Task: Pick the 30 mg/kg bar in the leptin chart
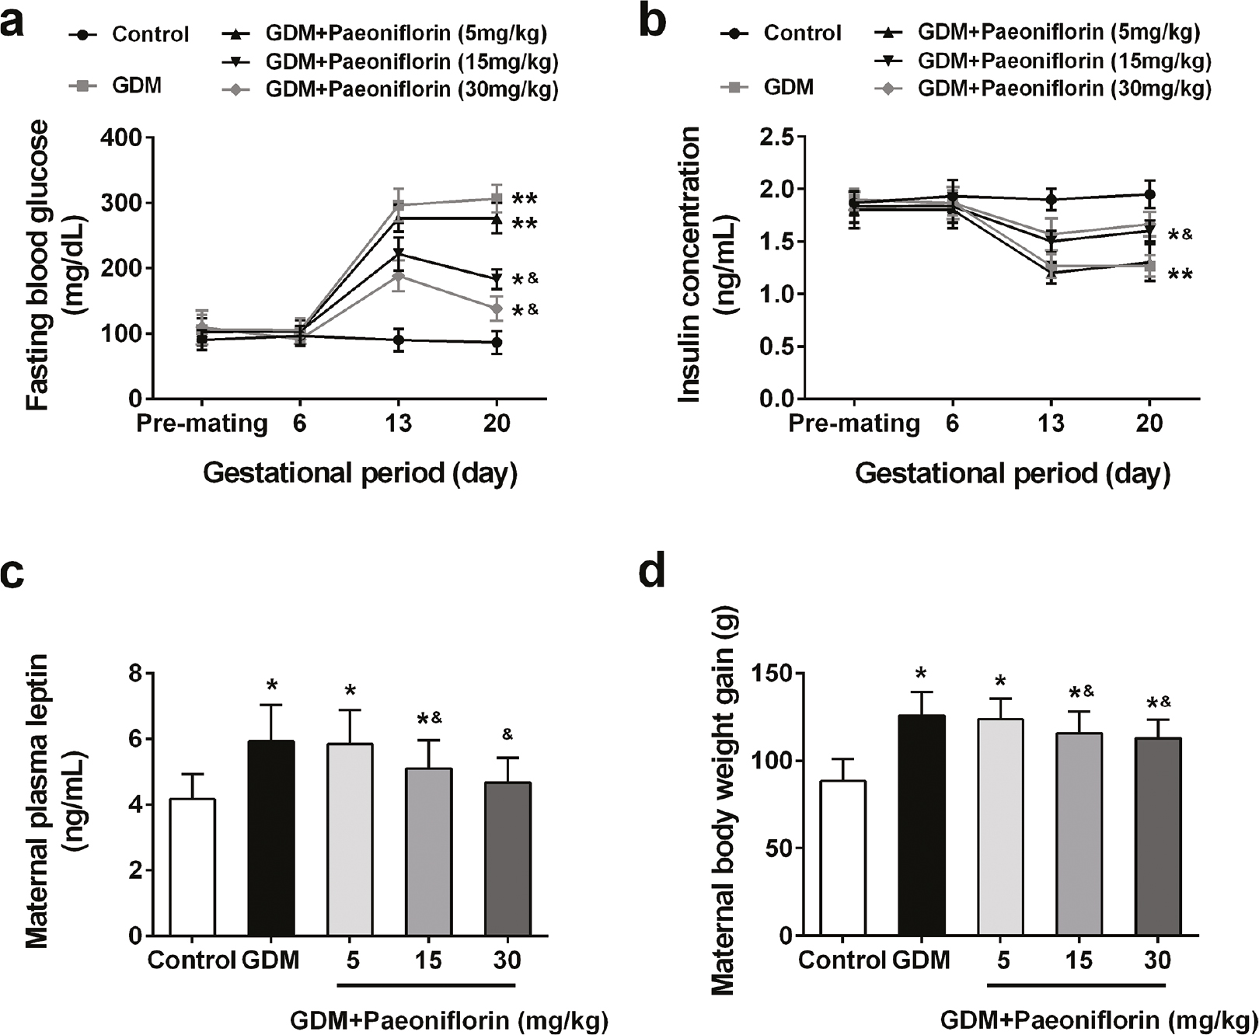pos(507,858)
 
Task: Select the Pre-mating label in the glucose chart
pos(202,423)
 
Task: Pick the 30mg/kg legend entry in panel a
pos(392,89)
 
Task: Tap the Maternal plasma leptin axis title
pos(37,800)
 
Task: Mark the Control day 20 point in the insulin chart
pos(1149,194)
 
